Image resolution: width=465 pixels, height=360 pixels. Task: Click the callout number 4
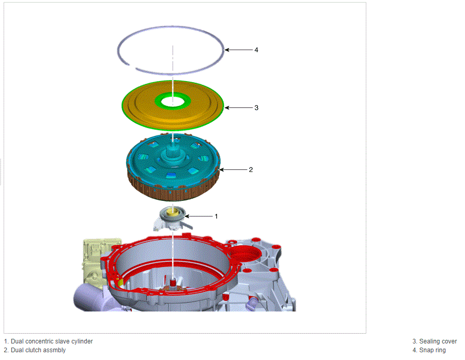(x=256, y=50)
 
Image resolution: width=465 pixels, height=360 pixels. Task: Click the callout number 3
(x=256, y=107)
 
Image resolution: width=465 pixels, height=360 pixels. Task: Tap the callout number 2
(x=251, y=169)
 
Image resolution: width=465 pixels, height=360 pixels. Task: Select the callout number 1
(x=216, y=216)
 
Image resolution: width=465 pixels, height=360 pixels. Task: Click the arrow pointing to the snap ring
(x=238, y=50)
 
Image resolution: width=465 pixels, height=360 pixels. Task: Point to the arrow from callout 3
(x=238, y=107)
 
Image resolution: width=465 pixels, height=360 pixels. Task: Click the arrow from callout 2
(x=233, y=169)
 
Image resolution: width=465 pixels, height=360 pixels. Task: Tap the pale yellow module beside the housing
(x=95, y=261)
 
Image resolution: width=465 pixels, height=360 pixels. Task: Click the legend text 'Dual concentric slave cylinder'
(x=52, y=341)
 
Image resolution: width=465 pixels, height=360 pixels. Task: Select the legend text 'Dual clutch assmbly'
(x=38, y=350)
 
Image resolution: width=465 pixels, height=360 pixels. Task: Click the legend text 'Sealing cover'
(x=438, y=341)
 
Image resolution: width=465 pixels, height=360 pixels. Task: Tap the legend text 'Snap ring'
(x=432, y=350)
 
